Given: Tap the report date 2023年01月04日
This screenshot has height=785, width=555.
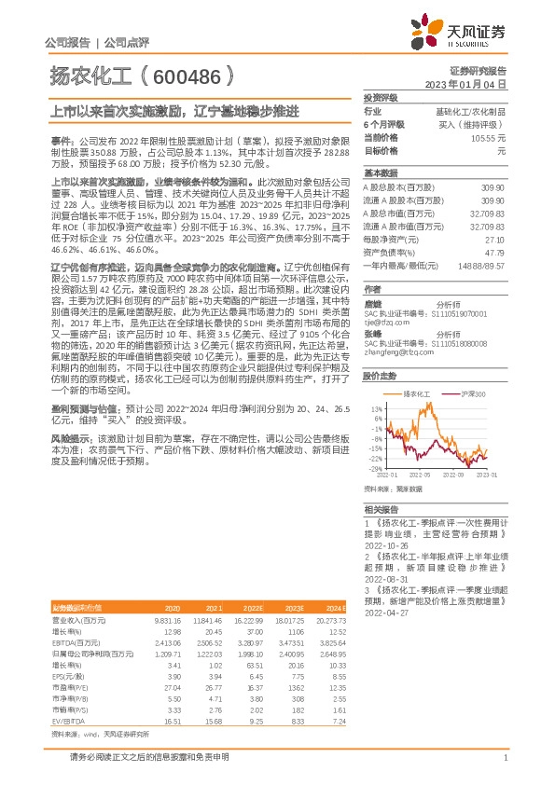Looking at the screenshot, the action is click(465, 84).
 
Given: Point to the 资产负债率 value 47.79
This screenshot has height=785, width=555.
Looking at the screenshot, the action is click(494, 252).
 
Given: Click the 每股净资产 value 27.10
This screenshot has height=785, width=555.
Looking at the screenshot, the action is click(494, 239).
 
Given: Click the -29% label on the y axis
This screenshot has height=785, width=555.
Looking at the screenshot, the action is click(375, 468).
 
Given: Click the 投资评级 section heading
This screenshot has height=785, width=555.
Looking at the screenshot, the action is click(381, 97).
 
